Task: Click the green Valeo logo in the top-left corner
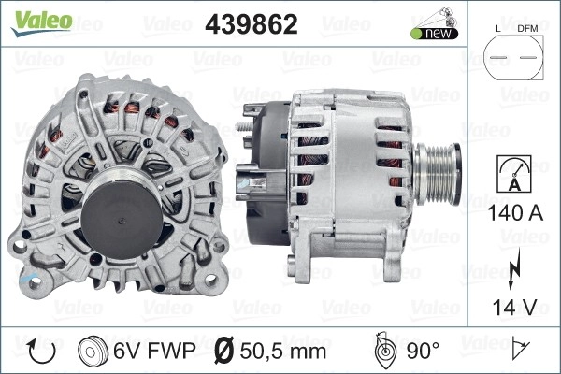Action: pos(42,22)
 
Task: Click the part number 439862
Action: pos(252,24)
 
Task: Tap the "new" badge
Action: pos(435,34)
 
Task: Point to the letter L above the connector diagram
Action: pos(498,29)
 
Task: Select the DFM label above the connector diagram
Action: pos(527,29)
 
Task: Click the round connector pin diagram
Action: pos(513,57)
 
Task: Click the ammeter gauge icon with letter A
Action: pos(514,174)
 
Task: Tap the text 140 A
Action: pos(515,213)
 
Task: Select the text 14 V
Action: pos(515,307)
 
